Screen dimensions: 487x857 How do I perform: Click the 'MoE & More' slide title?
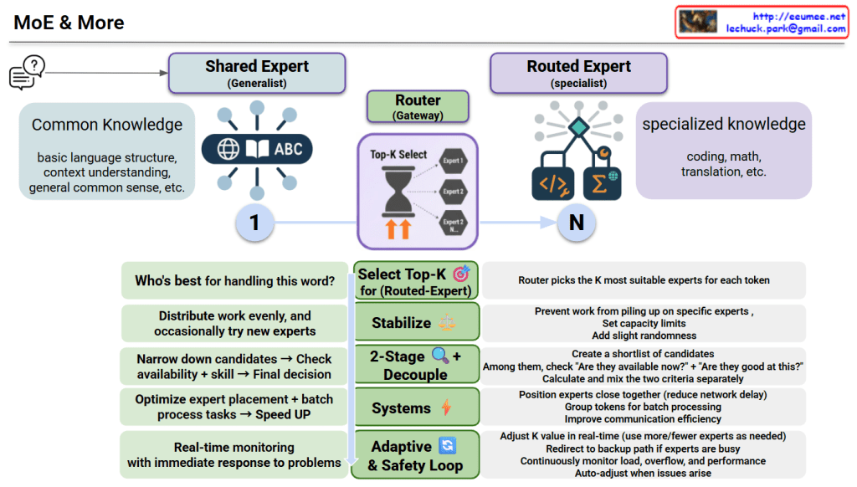pyautogui.click(x=69, y=23)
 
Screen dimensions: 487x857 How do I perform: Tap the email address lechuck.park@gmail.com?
pyautogui.click(x=786, y=28)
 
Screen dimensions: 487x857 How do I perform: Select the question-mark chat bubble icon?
pyautogui.click(x=27, y=72)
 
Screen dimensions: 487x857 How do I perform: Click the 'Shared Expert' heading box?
pyautogui.click(x=257, y=73)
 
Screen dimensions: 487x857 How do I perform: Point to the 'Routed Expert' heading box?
pyautogui.click(x=578, y=73)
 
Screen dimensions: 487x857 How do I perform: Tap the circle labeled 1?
pyautogui.click(x=255, y=223)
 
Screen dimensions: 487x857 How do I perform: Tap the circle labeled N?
pyautogui.click(x=576, y=223)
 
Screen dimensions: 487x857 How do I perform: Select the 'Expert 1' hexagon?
pyautogui.click(x=454, y=160)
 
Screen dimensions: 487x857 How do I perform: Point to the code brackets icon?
pyautogui.click(x=553, y=183)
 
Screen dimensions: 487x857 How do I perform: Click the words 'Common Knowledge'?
pyautogui.click(x=106, y=125)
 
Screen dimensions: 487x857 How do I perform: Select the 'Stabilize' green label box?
pyautogui.click(x=416, y=322)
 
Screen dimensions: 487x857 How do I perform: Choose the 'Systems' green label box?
pyautogui.click(x=416, y=408)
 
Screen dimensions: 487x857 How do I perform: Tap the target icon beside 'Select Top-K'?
pyautogui.click(x=461, y=274)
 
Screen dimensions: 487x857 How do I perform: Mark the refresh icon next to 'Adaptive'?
pyautogui.click(x=448, y=446)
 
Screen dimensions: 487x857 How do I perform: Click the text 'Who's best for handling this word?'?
pyautogui.click(x=234, y=281)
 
